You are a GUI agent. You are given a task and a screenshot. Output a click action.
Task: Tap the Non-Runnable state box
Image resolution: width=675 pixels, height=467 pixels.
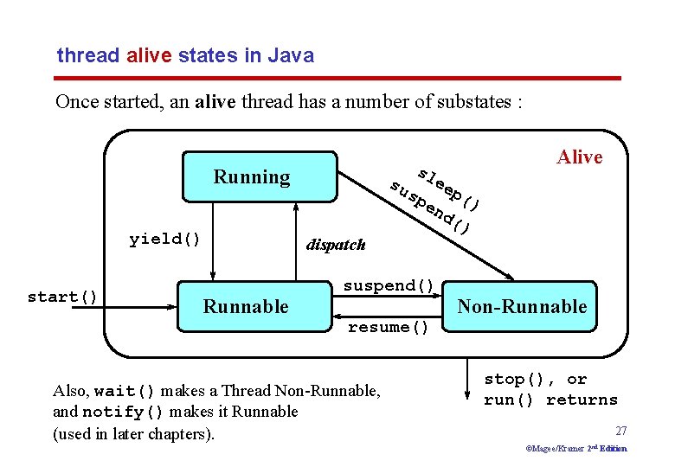(522, 306)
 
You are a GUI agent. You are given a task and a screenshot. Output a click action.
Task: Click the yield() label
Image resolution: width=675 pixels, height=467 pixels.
(164, 239)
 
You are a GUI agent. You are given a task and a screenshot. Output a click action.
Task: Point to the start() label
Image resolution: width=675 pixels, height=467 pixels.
(63, 297)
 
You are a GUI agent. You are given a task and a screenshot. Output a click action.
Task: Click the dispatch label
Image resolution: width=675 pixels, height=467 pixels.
(336, 245)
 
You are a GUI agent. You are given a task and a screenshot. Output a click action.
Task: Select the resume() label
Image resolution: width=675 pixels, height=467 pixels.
(389, 327)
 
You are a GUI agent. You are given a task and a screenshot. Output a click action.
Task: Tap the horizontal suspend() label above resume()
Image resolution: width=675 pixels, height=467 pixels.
(389, 285)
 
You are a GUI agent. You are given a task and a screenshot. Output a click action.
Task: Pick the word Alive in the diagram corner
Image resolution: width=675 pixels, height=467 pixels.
(579, 157)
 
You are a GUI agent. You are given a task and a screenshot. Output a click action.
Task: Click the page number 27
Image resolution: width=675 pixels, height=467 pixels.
(620, 431)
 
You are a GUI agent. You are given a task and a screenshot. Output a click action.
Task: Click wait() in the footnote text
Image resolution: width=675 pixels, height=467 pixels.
(125, 391)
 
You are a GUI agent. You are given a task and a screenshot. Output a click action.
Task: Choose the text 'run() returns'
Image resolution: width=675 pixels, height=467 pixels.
(550, 400)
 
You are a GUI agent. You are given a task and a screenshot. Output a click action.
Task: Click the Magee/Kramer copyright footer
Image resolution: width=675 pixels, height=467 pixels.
(575, 449)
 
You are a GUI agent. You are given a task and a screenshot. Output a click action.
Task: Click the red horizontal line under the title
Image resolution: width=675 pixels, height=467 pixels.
(338, 79)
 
